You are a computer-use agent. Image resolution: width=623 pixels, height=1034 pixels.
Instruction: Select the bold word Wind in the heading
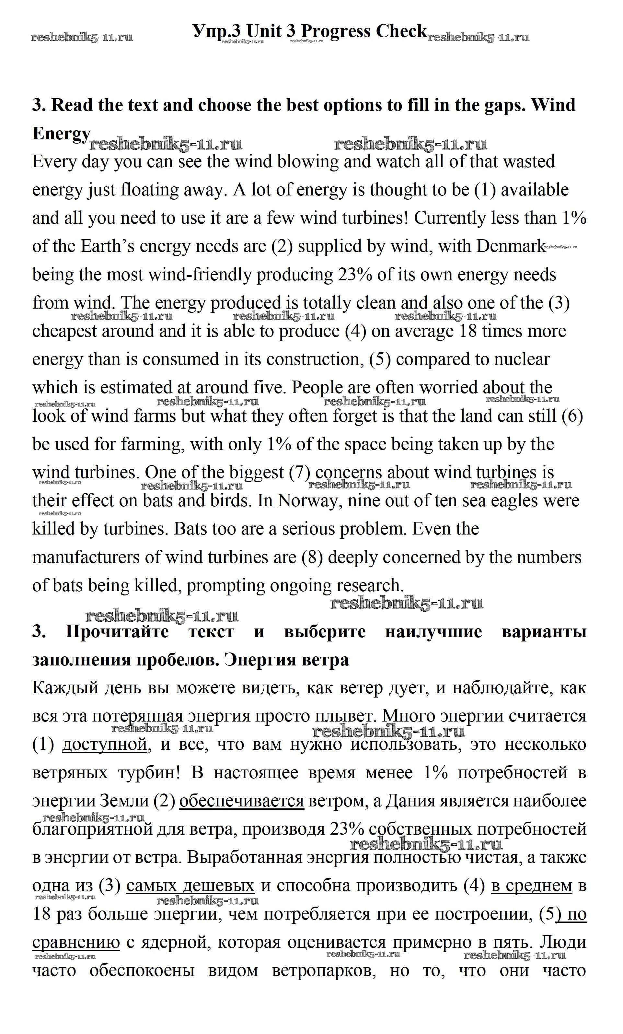[x=553, y=105]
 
